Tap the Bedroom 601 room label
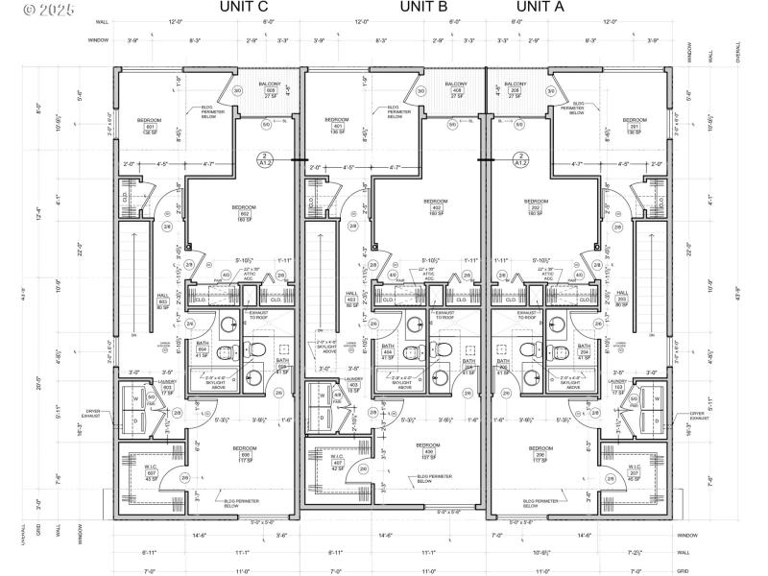pos(150,126)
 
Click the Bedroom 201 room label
pos(634,126)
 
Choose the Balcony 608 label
pos(270,90)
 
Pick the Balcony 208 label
pos(520,90)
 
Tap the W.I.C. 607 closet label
pos(152,472)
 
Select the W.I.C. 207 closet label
pos(633,472)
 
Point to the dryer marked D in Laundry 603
pos(133,420)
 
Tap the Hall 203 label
pos(622,298)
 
